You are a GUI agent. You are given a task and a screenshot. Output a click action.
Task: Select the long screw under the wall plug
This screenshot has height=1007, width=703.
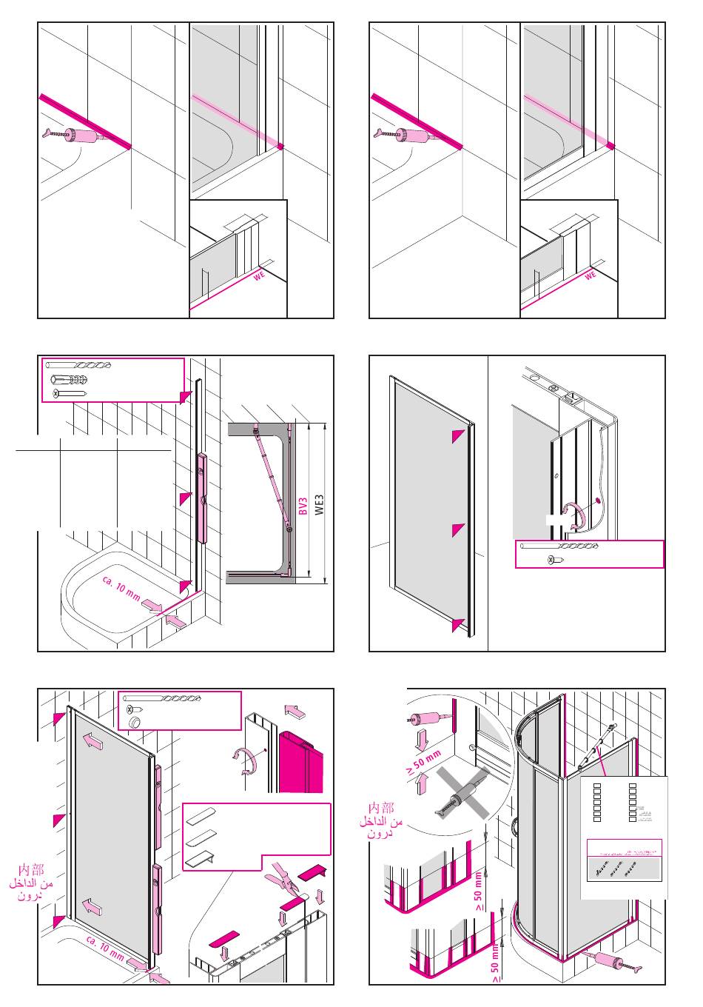(70, 394)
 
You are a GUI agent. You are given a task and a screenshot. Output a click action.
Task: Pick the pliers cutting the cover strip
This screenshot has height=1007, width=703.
(284, 877)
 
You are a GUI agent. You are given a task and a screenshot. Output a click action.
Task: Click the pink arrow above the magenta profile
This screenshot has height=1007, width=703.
(295, 712)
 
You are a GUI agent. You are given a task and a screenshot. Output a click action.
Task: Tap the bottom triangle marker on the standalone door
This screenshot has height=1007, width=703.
(458, 624)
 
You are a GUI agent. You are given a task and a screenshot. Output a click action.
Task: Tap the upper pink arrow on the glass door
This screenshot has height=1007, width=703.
(93, 740)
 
